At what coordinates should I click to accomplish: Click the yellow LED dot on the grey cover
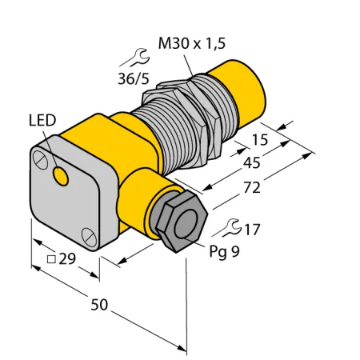[61, 176]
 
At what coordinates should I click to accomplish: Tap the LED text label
[42, 120]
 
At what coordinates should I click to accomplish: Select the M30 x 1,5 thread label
[192, 43]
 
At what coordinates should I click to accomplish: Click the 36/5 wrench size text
[134, 78]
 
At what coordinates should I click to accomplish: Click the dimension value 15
[260, 140]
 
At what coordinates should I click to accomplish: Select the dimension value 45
[252, 162]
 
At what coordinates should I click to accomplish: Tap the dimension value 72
[252, 187]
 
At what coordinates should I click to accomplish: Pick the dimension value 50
[99, 305]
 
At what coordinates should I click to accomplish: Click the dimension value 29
[67, 258]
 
